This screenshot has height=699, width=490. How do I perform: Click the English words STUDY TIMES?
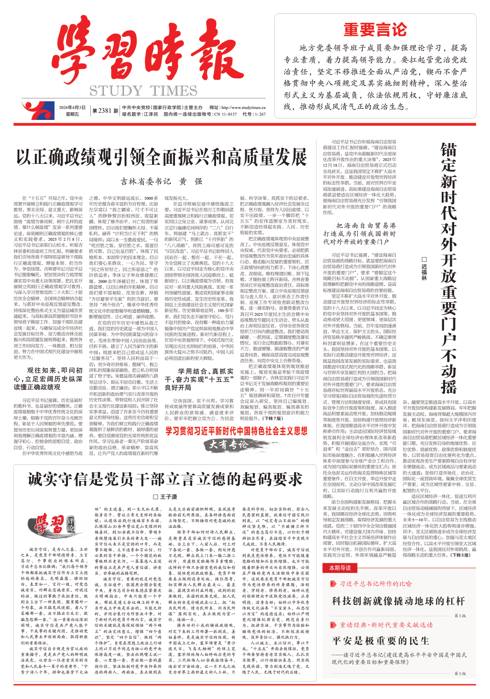[143, 91]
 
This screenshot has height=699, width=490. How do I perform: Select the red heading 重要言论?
[375, 30]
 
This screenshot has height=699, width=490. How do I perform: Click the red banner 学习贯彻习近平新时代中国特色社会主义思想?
[236, 431]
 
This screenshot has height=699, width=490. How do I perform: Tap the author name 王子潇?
[165, 497]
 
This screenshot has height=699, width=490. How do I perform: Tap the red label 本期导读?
[340, 568]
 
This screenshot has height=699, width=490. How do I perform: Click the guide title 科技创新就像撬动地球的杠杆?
[398, 601]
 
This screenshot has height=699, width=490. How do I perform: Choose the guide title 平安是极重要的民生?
[381, 640]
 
